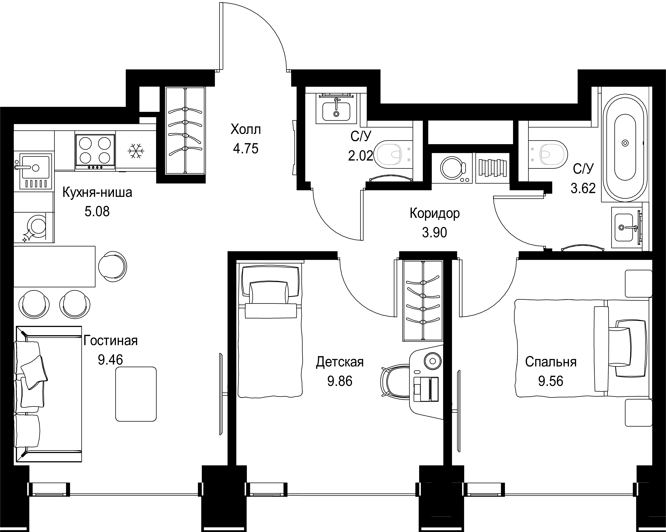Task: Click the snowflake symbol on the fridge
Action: click(136, 151)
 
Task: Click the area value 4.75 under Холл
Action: click(246, 149)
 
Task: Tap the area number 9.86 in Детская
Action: click(340, 381)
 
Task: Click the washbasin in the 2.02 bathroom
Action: click(336, 111)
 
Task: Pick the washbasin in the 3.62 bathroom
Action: click(624, 228)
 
